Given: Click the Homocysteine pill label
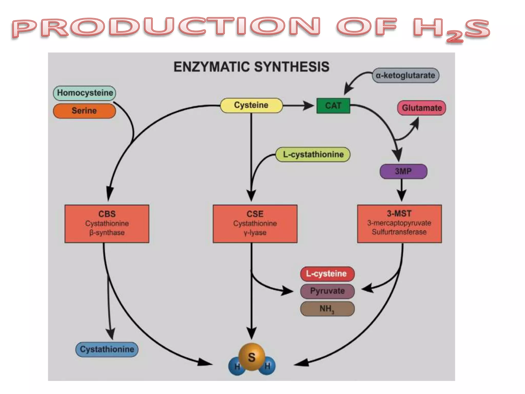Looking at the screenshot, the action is pyautogui.click(x=85, y=93).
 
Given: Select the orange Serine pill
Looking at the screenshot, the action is pyautogui.click(x=84, y=111).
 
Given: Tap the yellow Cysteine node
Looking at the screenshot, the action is pyautogui.click(x=251, y=105).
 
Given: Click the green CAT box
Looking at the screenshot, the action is pyautogui.click(x=333, y=105).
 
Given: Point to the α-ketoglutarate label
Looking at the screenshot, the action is pyautogui.click(x=405, y=75).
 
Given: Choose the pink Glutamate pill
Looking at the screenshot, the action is pyautogui.click(x=421, y=108).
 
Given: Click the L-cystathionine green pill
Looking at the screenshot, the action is pyautogui.click(x=313, y=154).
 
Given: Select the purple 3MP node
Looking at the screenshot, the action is pyautogui.click(x=403, y=171).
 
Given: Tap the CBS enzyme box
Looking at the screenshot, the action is pyautogui.click(x=107, y=223).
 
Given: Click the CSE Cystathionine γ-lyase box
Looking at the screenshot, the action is pyautogui.click(x=255, y=223).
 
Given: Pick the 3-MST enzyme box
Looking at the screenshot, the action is pyautogui.click(x=399, y=223).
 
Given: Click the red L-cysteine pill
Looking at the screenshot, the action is pyautogui.click(x=327, y=274).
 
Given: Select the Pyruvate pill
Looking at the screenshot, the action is pyautogui.click(x=327, y=291).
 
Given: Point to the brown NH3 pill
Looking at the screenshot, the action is pyautogui.click(x=327, y=309).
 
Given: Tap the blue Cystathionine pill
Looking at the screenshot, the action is pyautogui.click(x=107, y=349).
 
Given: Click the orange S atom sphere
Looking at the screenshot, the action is pyautogui.click(x=252, y=357).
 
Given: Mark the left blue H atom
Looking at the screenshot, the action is pyautogui.click(x=236, y=367).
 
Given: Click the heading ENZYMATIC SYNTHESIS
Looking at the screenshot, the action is pyautogui.click(x=251, y=67).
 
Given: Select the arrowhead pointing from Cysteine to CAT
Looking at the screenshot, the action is pyautogui.click(x=308, y=105).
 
